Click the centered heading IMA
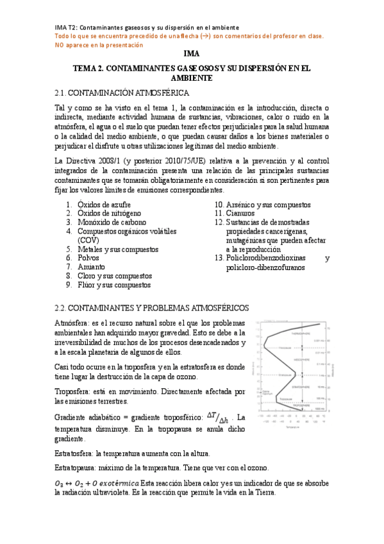click(x=192, y=55)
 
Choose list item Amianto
click(x=92, y=266)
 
